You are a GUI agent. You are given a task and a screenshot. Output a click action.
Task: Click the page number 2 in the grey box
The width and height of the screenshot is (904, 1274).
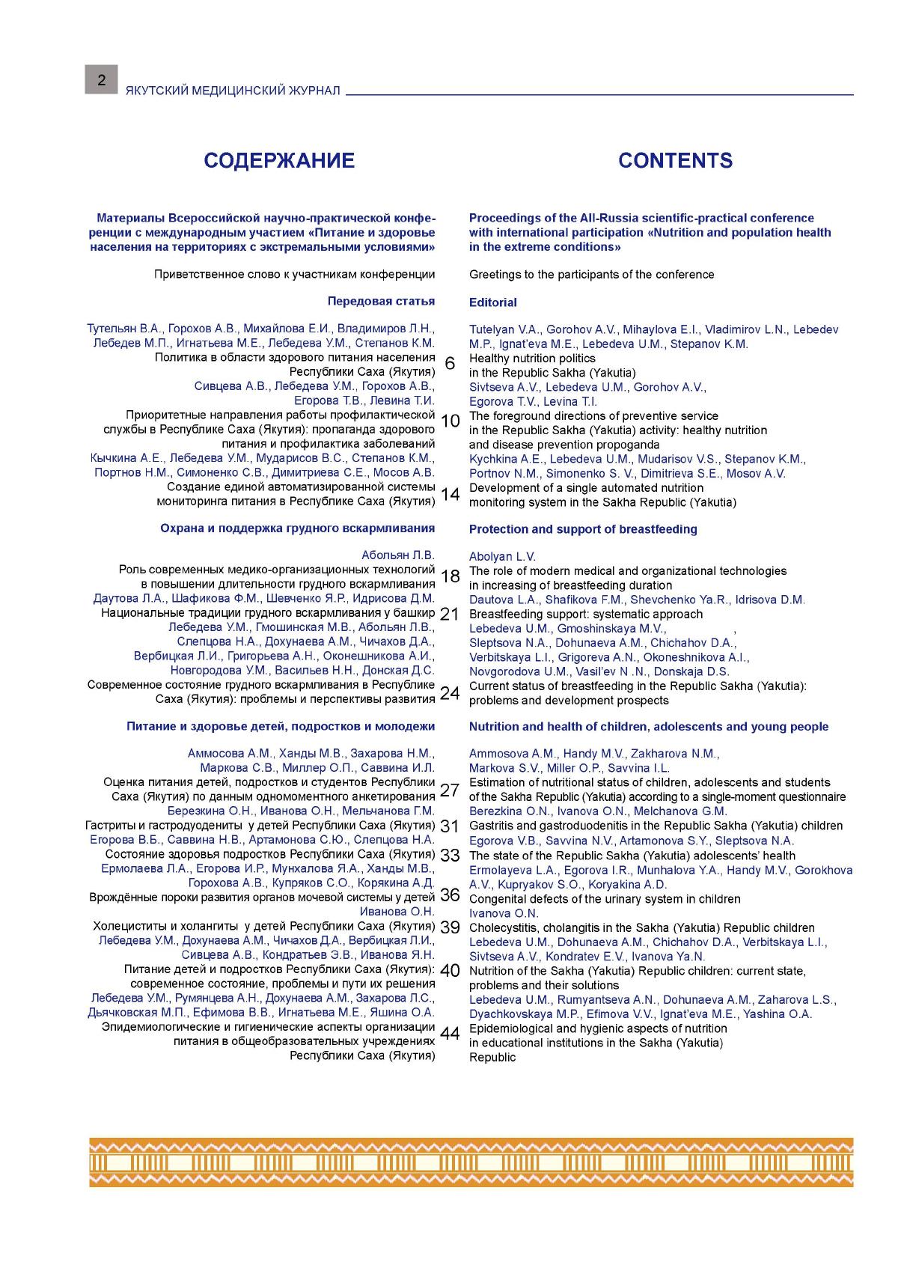click(x=101, y=80)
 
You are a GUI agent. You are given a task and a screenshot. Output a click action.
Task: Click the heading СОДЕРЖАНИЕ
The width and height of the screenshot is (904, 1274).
click(x=279, y=160)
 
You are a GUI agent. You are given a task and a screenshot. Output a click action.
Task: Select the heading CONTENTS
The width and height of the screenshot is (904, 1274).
click(x=675, y=160)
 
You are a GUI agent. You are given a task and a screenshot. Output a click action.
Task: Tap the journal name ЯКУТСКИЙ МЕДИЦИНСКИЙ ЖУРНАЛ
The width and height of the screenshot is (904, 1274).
click(x=233, y=91)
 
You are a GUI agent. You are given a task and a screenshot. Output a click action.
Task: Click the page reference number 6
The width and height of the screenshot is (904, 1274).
click(x=450, y=365)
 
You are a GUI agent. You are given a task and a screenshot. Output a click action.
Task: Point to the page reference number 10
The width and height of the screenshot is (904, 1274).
click(x=450, y=421)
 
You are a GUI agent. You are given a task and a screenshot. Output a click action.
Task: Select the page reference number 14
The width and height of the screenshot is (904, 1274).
click(x=450, y=494)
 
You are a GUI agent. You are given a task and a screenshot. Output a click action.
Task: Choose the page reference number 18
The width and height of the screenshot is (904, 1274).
click(x=450, y=576)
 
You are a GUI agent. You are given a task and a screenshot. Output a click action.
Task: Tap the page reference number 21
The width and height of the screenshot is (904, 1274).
click(x=449, y=614)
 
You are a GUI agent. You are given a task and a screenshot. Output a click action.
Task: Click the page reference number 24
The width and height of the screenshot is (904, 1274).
click(x=450, y=693)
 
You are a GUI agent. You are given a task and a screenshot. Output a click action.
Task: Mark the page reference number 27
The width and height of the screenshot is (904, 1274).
click(x=449, y=790)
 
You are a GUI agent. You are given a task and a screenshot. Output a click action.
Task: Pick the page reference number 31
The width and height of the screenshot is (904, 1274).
click(x=449, y=826)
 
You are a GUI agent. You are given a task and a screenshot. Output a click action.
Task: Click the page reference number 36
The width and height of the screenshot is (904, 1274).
click(x=450, y=895)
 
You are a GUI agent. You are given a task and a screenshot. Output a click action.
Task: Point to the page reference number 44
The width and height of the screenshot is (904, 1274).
click(x=450, y=1034)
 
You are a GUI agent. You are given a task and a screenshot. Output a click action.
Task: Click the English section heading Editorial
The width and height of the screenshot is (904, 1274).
click(x=492, y=302)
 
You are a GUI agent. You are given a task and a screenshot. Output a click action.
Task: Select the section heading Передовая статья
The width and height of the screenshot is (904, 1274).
click(x=380, y=302)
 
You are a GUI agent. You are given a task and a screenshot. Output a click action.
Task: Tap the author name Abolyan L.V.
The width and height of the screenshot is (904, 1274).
click(x=502, y=557)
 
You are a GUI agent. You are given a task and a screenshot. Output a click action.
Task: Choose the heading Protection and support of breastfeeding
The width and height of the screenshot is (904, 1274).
click(x=583, y=529)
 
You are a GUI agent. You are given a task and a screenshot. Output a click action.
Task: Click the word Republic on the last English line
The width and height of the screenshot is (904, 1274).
click(x=492, y=1057)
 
